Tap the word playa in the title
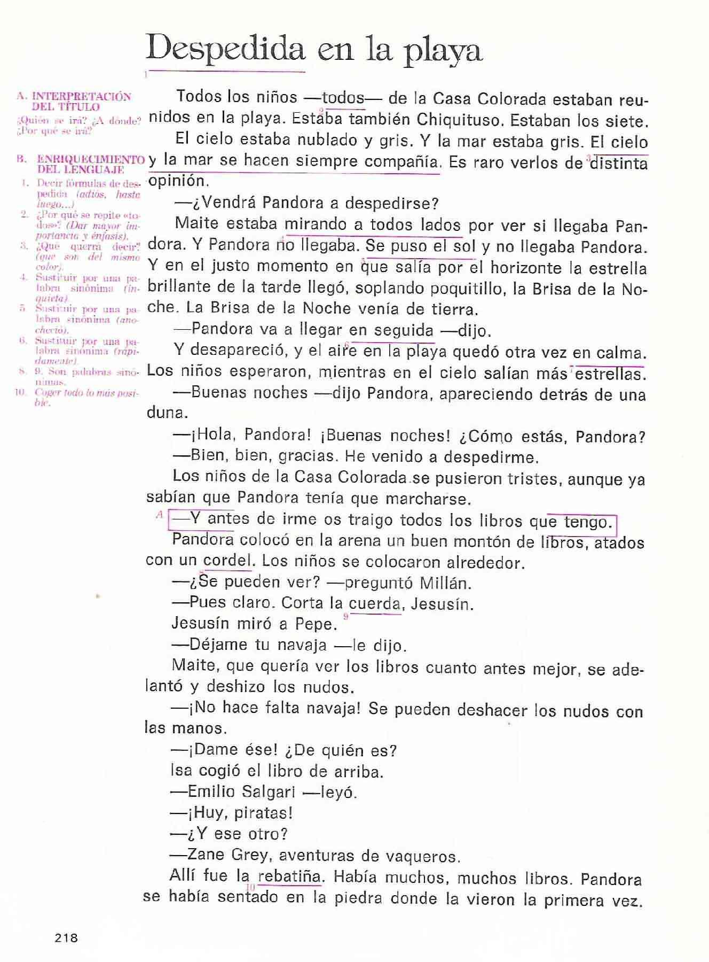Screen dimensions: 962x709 coord(443,51)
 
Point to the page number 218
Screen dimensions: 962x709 coord(66,937)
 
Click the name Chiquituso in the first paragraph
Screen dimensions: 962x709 coord(459,120)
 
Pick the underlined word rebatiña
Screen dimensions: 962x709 coord(290,877)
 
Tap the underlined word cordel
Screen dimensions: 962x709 coord(227,561)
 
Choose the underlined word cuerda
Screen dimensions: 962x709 coord(374,604)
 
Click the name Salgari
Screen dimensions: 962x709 coord(267,792)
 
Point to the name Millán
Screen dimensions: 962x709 coord(446,583)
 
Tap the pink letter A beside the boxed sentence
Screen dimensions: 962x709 coord(159,515)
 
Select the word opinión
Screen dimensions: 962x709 coord(176,181)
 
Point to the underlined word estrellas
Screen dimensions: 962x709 coord(610,374)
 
